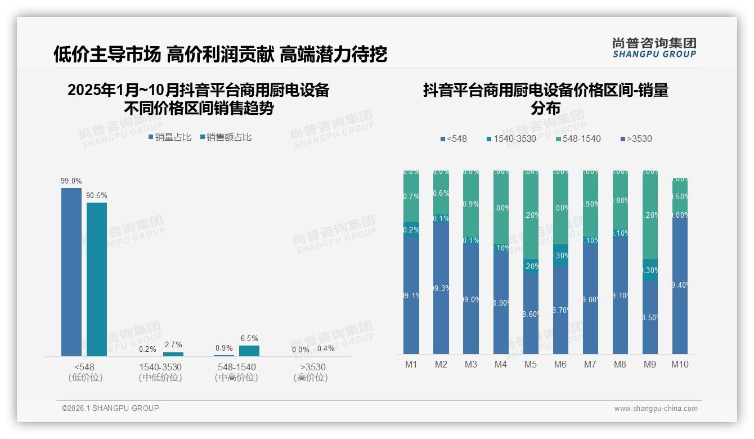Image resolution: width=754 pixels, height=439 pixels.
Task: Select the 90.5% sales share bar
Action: [97, 279]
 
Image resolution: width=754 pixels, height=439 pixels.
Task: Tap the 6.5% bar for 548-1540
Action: [249, 351]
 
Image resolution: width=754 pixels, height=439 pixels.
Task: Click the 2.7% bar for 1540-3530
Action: [173, 354]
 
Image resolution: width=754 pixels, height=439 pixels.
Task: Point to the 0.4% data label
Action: [326, 349]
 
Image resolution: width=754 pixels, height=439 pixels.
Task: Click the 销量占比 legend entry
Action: [170, 137]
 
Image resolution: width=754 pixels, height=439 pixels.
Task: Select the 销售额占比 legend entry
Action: [225, 137]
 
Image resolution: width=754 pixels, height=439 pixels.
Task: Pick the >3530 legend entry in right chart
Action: [636, 138]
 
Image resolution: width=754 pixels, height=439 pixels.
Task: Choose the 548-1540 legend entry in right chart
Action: [578, 138]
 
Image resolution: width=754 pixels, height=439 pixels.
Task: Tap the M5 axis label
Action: [531, 364]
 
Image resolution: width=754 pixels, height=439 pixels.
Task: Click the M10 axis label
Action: [680, 364]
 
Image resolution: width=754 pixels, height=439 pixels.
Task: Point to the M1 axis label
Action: [411, 364]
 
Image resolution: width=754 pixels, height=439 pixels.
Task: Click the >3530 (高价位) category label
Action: [311, 372]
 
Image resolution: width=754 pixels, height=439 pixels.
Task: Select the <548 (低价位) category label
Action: [86, 372]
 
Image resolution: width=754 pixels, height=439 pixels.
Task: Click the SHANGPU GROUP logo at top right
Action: [654, 48]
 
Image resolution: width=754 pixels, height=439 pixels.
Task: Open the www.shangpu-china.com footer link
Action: [656, 409]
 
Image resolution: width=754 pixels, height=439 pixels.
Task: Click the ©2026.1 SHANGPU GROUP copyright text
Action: [110, 408]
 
